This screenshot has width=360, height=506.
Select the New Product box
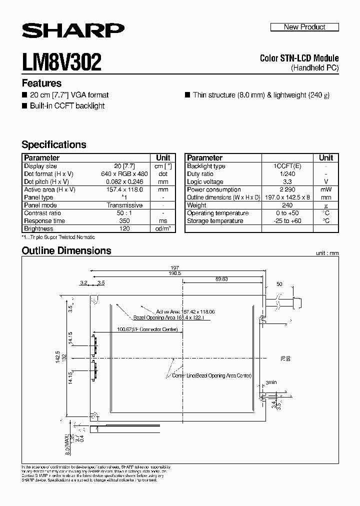tap(304, 27)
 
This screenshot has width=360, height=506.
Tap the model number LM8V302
tap(61, 62)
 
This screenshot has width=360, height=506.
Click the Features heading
tap(41, 83)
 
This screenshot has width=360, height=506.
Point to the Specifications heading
tap(54, 144)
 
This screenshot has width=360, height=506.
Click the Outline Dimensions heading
tap(66, 250)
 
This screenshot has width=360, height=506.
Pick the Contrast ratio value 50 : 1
tap(124, 213)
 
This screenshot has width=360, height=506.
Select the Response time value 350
tap(124, 220)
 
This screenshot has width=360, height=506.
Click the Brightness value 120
tap(124, 228)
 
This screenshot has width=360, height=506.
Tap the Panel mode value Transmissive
tap(124, 205)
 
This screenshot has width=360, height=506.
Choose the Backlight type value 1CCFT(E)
tap(287, 166)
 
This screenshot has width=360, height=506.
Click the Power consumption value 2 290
tap(287, 189)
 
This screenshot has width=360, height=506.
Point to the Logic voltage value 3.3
tap(287, 181)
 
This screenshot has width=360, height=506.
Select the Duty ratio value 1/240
tap(287, 174)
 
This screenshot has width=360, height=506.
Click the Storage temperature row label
tap(215, 220)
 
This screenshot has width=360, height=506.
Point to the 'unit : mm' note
tap(327, 253)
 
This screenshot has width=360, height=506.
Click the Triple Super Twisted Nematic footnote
tap(58, 237)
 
